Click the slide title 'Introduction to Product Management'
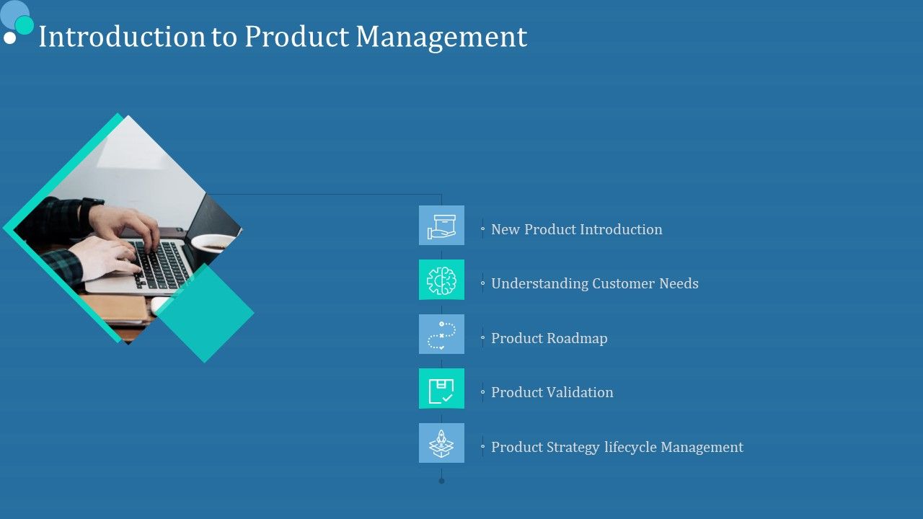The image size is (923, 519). point(282,37)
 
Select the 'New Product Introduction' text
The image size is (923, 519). point(576,229)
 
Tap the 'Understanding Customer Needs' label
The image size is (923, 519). point(594,283)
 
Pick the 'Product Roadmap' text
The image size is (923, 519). point(549,338)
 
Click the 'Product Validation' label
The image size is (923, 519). point(552,392)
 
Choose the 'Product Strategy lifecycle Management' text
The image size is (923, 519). point(617,447)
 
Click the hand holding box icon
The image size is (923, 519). point(441,226)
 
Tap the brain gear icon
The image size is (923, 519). point(441,280)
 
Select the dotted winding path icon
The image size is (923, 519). point(441,334)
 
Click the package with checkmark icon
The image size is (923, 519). point(441,389)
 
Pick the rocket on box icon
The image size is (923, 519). point(441,443)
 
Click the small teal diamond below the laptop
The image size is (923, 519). point(205,313)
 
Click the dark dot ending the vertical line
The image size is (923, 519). point(441,481)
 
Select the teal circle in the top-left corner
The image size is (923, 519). point(25,25)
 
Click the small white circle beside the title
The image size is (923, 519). point(9,37)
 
